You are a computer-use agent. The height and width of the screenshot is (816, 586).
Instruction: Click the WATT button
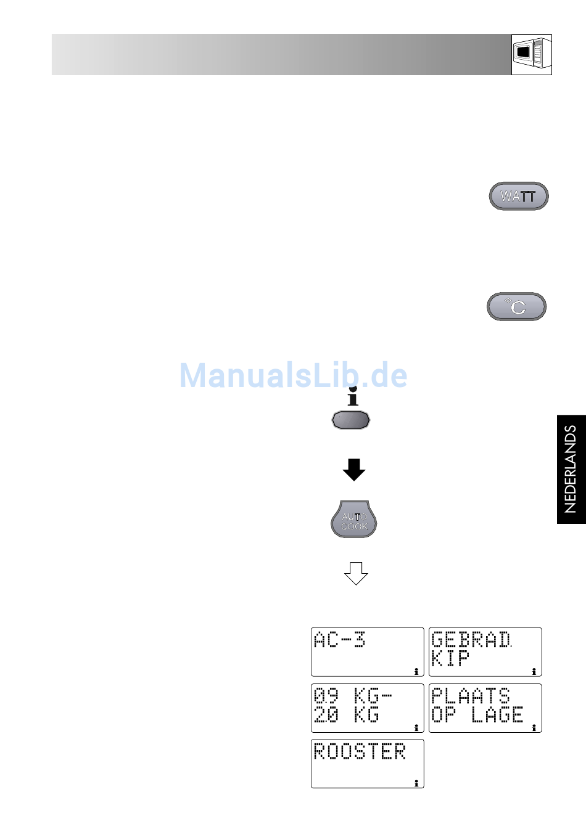(519, 196)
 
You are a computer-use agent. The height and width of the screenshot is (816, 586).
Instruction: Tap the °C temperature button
(516, 306)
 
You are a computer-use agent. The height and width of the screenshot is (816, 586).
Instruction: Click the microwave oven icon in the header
(531, 55)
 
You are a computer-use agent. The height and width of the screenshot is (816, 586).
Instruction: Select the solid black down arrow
(353, 470)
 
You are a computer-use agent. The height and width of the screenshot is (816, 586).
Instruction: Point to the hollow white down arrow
(356, 573)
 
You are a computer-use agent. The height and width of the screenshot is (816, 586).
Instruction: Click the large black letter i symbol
(353, 396)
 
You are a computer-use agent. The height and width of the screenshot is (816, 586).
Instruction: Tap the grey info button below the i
(351, 420)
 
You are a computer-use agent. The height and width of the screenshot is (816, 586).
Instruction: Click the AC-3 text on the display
(339, 640)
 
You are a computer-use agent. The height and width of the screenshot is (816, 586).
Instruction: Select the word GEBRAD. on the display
(472, 640)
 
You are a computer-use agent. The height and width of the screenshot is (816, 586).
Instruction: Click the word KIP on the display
(450, 658)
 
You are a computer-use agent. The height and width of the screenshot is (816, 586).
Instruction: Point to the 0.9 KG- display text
(353, 696)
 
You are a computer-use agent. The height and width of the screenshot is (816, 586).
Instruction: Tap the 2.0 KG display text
(347, 714)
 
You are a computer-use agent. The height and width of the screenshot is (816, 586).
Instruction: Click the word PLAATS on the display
(471, 696)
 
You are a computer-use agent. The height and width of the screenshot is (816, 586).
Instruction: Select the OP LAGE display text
(477, 714)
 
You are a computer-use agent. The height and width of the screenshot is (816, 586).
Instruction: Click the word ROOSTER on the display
(360, 751)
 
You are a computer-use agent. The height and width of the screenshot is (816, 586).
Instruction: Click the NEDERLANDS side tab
(571, 469)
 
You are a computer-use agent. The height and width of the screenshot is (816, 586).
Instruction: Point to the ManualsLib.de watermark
(293, 375)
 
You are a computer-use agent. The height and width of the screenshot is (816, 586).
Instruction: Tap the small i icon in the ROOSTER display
(416, 783)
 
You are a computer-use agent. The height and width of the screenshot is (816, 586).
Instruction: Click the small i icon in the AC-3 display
(416, 671)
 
